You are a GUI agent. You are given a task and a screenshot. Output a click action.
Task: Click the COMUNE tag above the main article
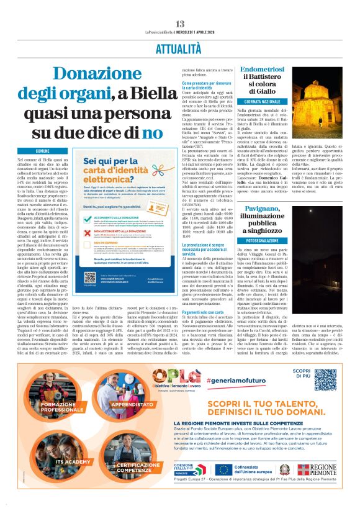[42, 151]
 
